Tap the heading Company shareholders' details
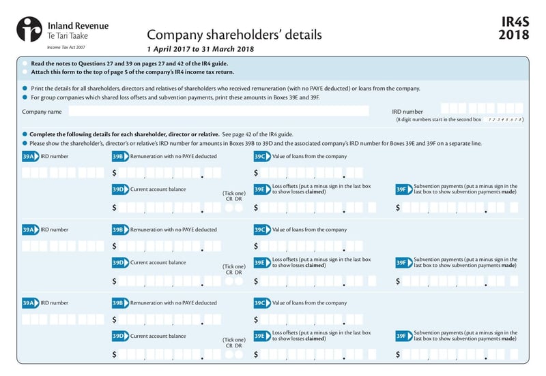pos(234,34)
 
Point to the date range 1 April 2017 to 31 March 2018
pos(200,49)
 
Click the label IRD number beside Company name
pos(407,111)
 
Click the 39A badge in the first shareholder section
pos(30,156)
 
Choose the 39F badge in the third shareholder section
pos(403,336)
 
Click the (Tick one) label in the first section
pos(233,193)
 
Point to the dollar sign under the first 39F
pos(398,207)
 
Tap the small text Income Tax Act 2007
pos(66,48)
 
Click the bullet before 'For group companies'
pos(25,97)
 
